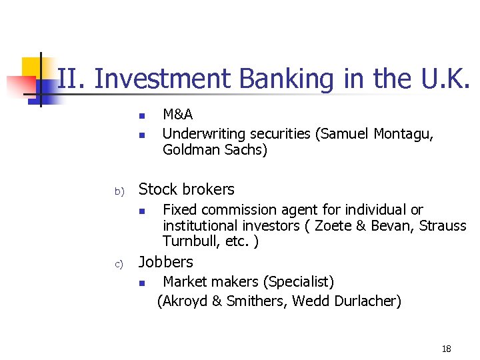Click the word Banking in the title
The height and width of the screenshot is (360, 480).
tap(287, 79)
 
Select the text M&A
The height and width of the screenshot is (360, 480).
tap(177, 115)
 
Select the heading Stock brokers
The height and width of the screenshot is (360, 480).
tap(186, 189)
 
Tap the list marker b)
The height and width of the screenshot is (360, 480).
tap(119, 191)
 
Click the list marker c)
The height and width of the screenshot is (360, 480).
tap(119, 264)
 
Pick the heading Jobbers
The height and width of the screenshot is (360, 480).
tap(165, 262)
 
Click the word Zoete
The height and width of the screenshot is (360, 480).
tap(333, 225)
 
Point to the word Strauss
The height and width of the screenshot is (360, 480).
tap(443, 225)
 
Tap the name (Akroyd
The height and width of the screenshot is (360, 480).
tap(182, 301)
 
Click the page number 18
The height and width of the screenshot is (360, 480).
tap(446, 349)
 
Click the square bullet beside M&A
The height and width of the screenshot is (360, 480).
tap(142, 117)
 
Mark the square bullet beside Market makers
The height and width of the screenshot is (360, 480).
tap(142, 283)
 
